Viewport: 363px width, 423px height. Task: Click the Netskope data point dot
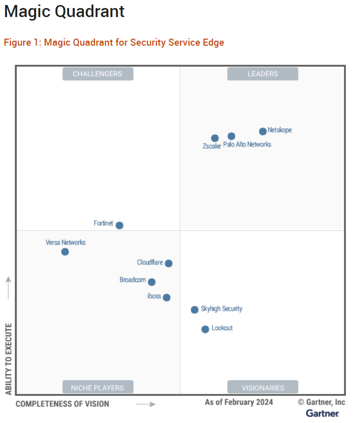[263, 131]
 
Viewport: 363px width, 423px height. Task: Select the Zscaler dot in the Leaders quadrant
[215, 138]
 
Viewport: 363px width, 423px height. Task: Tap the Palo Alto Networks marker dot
[231, 136]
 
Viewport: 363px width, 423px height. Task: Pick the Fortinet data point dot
[119, 225]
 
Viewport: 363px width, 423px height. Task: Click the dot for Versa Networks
[65, 251]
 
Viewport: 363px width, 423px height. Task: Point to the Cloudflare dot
[168, 263]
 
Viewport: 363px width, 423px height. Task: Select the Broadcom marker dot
[151, 282]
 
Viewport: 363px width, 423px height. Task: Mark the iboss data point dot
[166, 298]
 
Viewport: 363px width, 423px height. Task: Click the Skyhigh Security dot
[195, 310]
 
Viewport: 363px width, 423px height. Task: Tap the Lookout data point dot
[205, 329]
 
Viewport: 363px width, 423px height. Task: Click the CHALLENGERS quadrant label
[98, 74]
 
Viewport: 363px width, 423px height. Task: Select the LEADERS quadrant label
[263, 74]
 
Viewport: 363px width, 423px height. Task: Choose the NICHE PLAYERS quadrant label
[98, 387]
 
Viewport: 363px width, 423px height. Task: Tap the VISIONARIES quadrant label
[263, 387]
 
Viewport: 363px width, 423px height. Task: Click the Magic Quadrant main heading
[64, 12]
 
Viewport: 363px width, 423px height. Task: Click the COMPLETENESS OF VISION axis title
[62, 403]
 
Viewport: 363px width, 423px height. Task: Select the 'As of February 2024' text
[239, 402]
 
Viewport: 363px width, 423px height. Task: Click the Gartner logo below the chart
[322, 413]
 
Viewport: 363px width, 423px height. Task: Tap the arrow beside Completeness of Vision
[145, 404]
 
